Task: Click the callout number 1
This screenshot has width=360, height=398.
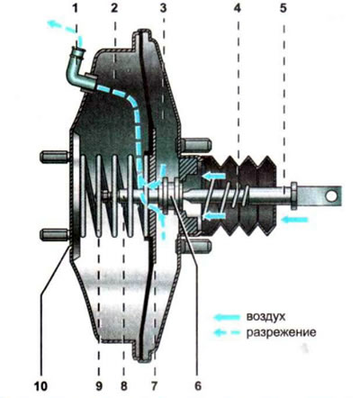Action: coord(76,8)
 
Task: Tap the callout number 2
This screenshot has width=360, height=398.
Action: coord(114,8)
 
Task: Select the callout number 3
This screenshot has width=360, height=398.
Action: coord(163,8)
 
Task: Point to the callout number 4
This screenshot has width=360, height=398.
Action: coord(238,8)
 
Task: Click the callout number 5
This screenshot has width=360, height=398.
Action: coord(283,8)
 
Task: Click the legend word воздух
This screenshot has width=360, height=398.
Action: coord(265,317)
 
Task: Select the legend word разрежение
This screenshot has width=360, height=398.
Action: coord(281,333)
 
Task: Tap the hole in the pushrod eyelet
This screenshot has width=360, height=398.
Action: coord(330,196)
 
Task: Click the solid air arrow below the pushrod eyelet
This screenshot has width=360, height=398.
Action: coord(295,220)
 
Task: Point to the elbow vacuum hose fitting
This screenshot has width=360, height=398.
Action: coord(80,70)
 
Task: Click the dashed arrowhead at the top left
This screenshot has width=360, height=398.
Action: coord(53,24)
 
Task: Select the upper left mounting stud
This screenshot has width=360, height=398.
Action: coord(55,157)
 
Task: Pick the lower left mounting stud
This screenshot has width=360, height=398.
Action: coord(55,234)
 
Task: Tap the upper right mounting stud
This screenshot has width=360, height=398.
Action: coord(195,144)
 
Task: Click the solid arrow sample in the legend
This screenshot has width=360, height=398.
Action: coord(227,317)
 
